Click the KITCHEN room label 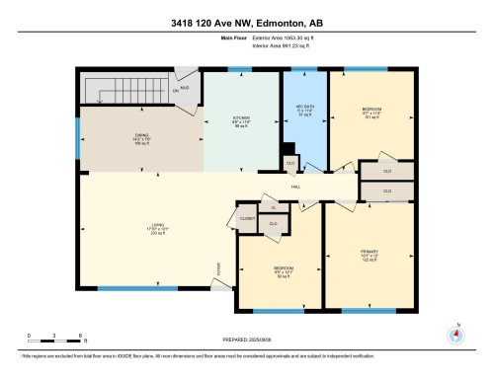[x=241, y=118]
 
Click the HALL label [x=295, y=186]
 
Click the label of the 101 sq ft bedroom [x=371, y=110]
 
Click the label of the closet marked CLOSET [x=247, y=219]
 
